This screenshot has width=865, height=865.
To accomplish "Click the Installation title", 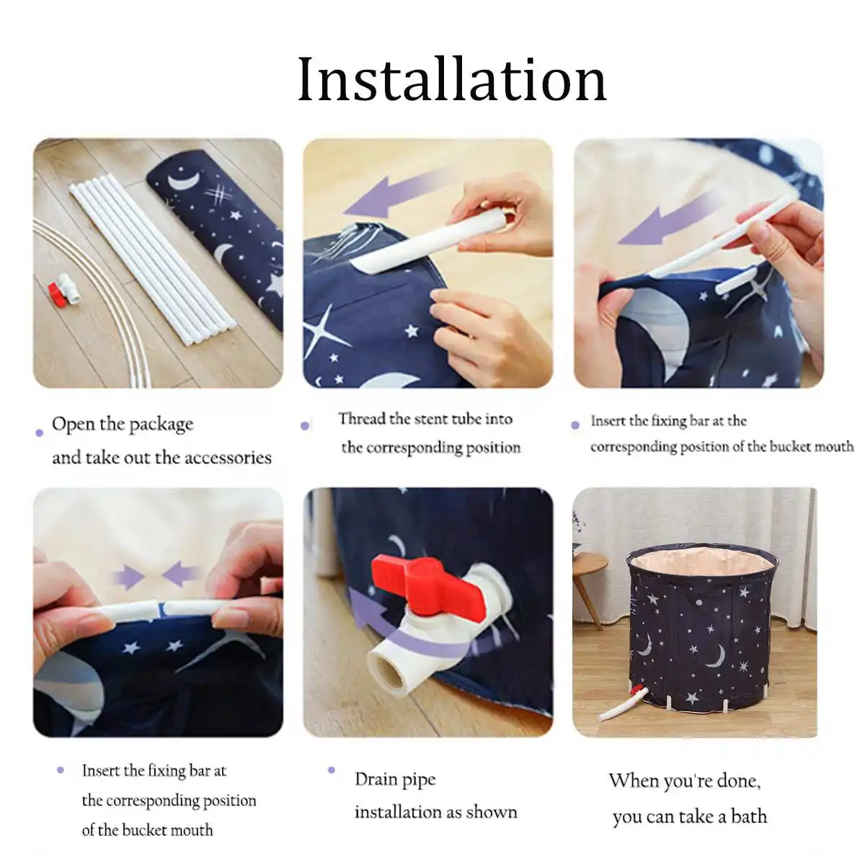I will (452, 79).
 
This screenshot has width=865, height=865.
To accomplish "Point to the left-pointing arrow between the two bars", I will (181, 575).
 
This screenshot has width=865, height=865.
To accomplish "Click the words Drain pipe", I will (395, 779).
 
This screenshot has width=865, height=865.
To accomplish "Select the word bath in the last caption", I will (748, 817).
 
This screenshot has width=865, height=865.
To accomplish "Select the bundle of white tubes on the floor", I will (151, 256).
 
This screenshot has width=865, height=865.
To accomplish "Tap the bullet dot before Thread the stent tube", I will (305, 426).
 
